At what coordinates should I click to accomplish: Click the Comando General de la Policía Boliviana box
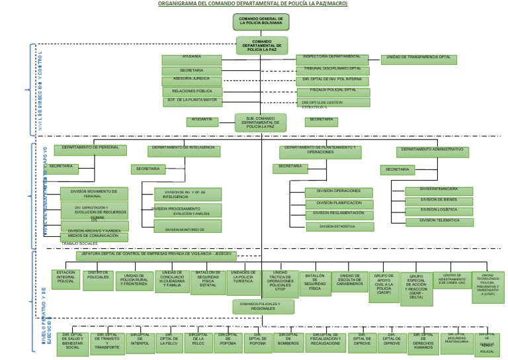261,22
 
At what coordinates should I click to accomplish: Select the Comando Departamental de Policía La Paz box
263,46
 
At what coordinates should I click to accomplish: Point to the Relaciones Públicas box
192,91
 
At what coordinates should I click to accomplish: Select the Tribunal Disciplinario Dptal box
332,69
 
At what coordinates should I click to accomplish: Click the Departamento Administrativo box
432,152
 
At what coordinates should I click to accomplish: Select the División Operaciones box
338,192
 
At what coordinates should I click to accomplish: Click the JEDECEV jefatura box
155,255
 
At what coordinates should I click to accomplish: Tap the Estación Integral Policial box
65,279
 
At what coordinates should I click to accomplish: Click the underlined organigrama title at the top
252,3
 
